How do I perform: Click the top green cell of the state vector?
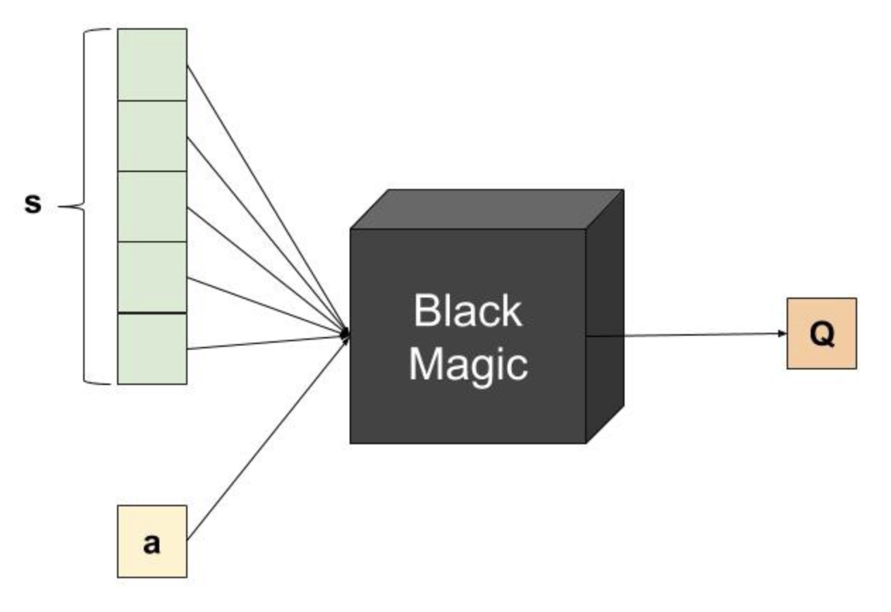[152, 65]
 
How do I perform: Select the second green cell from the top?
[152, 136]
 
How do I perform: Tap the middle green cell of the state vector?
[152, 207]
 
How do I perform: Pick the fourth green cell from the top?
[152, 277]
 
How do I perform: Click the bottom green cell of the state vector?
[152, 348]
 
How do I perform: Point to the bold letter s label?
[33, 205]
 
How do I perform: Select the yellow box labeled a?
[152, 541]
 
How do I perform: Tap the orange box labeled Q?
[821, 333]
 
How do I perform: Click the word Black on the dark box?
[467, 310]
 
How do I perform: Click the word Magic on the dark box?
[468, 364]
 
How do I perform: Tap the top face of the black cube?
[486, 209]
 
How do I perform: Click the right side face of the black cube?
[605, 317]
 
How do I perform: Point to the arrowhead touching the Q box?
[782, 333]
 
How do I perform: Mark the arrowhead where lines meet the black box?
[345, 333]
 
